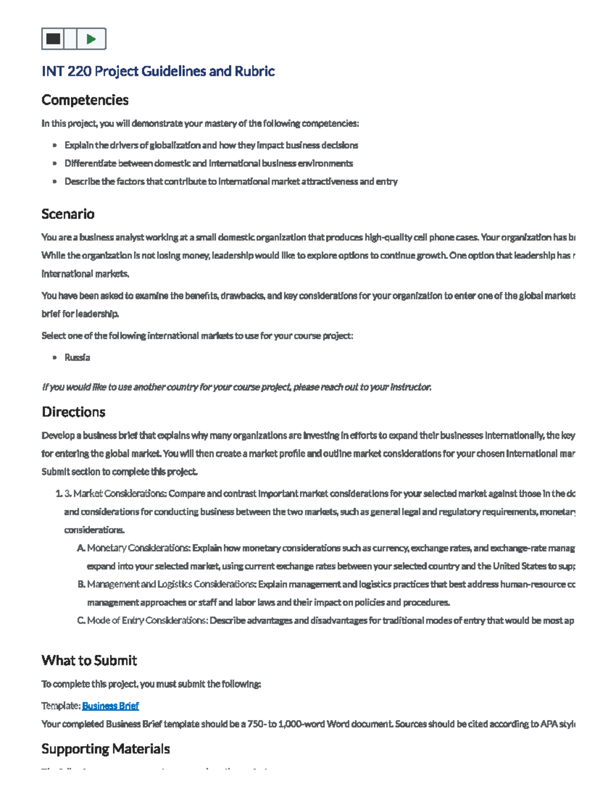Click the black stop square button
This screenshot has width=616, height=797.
pos(53,39)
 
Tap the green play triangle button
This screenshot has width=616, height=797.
pos(91,39)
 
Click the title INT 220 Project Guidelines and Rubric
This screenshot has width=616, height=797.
pos(158,71)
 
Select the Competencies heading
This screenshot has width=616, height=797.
pos(85,100)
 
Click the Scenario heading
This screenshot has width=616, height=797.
pos(68,214)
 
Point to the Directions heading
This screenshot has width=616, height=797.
pos(73,412)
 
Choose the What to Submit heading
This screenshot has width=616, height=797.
pos(89,660)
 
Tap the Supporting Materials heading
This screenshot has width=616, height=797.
pos(105,749)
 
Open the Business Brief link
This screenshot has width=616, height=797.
pos(110,706)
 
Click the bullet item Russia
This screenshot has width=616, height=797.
pos(77,358)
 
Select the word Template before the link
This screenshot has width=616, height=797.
pos(61,706)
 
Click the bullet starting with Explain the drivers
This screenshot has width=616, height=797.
pos(211,145)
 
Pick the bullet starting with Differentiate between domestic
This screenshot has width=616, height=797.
pos(208,163)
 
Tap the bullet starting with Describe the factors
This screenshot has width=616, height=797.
pos(230,181)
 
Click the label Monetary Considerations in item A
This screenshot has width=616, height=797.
pos(139,548)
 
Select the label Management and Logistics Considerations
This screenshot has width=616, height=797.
pos(171,584)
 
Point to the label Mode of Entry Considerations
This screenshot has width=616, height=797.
pos(147,620)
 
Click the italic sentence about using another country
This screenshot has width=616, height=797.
pos(236,387)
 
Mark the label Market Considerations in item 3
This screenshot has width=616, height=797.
pos(120,494)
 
